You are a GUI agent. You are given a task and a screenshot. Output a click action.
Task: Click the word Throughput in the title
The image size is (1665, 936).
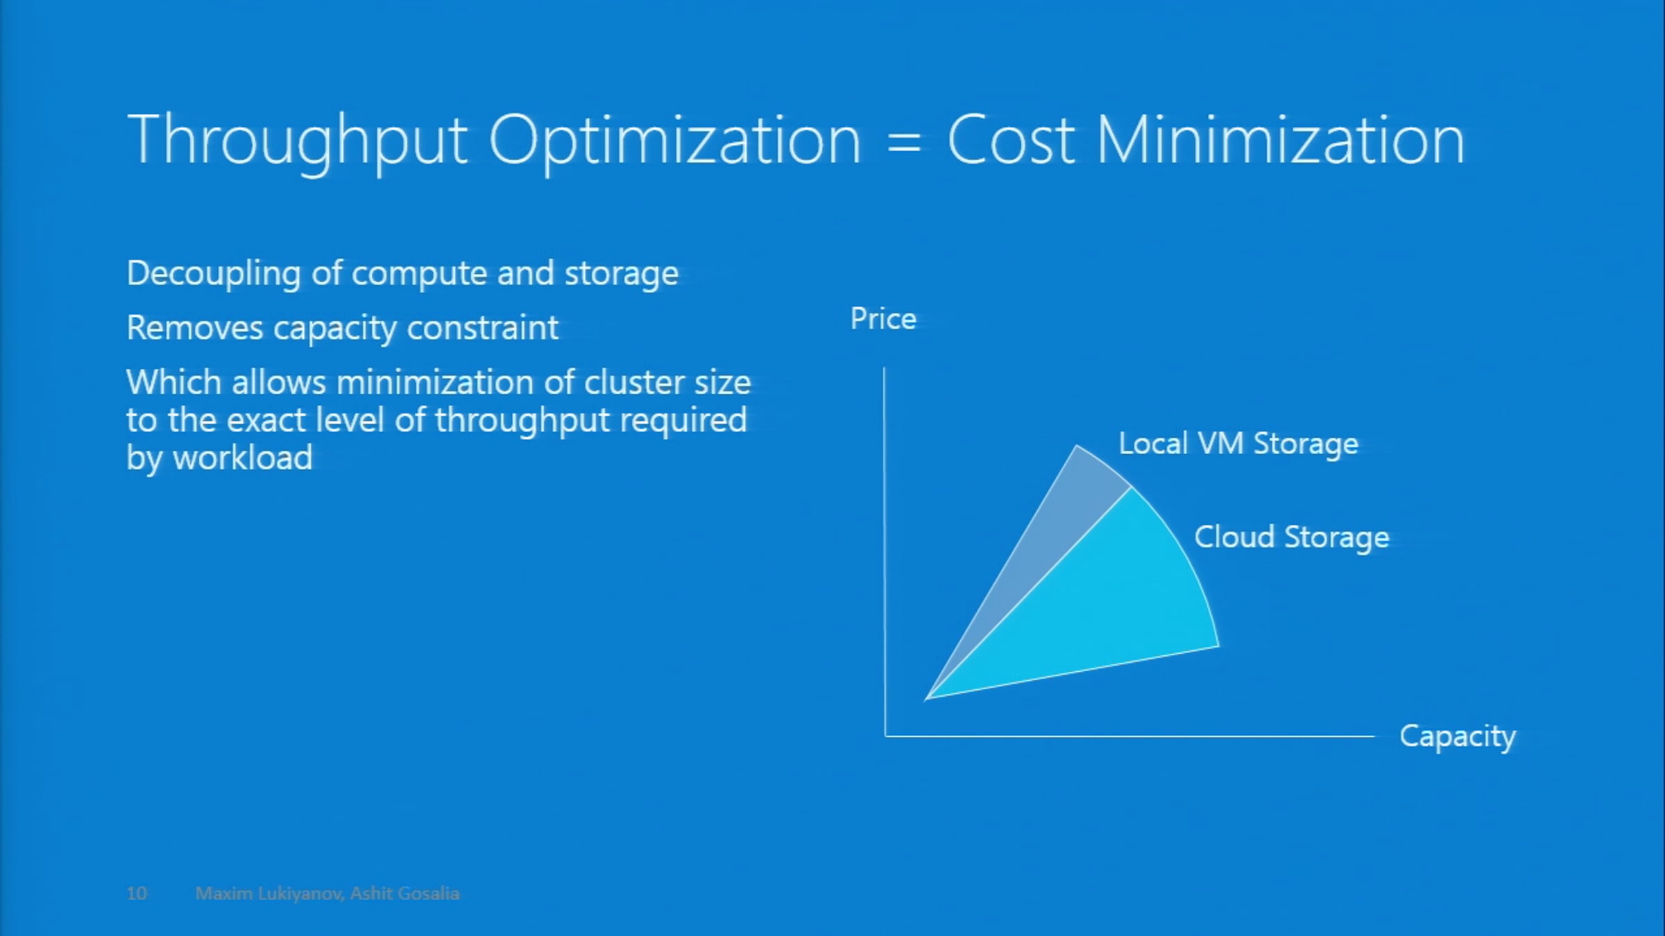297,141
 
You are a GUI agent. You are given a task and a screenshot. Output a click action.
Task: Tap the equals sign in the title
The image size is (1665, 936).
904,144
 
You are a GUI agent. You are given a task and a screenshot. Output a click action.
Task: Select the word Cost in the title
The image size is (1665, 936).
1011,141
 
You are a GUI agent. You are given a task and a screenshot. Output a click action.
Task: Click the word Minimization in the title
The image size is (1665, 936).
1281,141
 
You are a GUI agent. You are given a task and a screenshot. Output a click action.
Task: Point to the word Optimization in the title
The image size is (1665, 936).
675,141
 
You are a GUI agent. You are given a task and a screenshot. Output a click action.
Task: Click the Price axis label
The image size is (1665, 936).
883,319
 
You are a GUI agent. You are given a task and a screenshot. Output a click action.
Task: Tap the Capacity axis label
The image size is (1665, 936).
1457,736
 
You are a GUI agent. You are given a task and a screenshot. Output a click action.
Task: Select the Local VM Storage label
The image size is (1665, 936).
1238,444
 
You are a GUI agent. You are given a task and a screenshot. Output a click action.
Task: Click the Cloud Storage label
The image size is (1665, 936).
1292,537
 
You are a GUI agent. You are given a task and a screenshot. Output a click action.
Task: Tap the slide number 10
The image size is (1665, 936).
137,893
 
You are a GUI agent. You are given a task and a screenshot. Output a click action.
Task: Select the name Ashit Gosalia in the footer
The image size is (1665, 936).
404,893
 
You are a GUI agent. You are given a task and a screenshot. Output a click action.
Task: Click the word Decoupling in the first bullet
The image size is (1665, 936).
213,274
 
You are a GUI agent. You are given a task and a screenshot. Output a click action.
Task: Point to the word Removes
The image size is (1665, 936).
194,328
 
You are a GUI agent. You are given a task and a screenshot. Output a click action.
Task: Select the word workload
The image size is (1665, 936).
243,458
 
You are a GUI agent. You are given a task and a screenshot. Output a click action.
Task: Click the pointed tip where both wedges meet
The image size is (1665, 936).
928,697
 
